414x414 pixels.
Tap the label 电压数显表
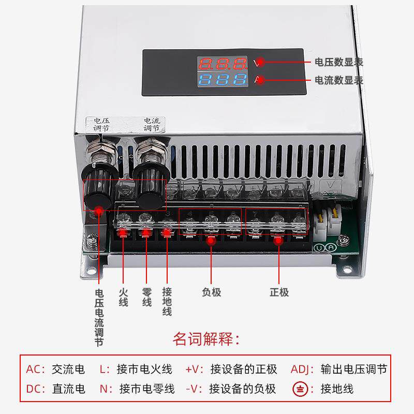(339, 62)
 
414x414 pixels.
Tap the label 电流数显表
(339, 80)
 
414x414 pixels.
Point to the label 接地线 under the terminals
(167, 301)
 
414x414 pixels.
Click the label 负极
(211, 292)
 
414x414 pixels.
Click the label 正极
(279, 292)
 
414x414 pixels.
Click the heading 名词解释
(206, 339)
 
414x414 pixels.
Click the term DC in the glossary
(35, 388)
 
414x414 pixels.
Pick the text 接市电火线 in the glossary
(144, 369)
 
